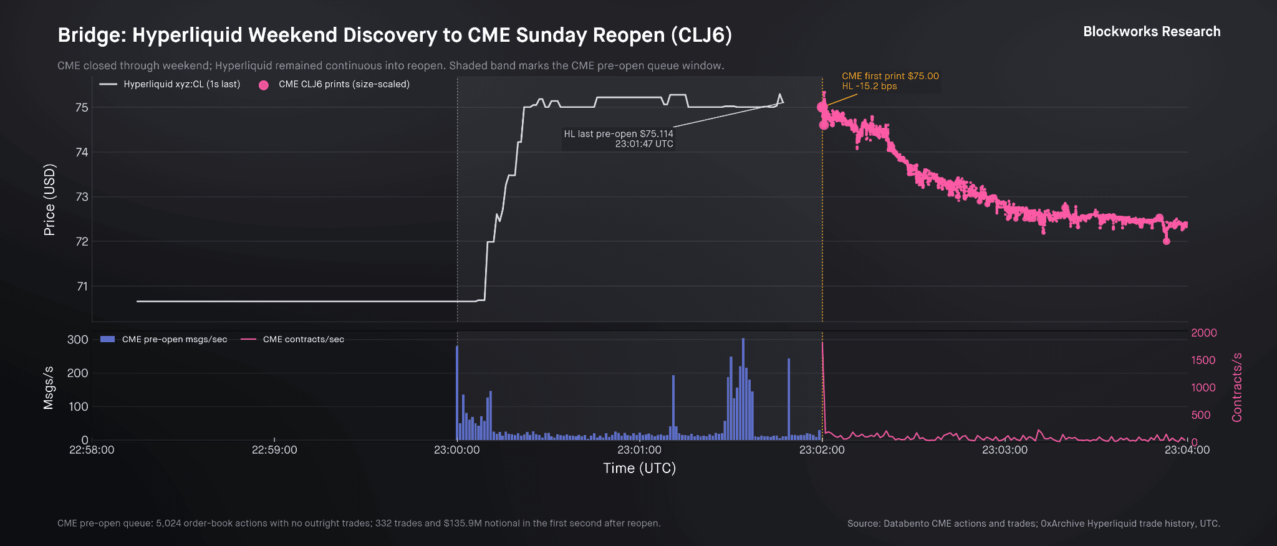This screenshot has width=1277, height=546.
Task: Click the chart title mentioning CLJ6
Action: [395, 35]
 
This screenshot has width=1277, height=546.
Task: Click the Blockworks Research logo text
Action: [1152, 32]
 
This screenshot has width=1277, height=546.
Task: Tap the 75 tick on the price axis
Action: [82, 108]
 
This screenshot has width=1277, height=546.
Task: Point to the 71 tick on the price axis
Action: [82, 287]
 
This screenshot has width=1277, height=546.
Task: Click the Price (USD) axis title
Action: [49, 199]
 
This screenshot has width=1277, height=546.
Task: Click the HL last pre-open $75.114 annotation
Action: [618, 138]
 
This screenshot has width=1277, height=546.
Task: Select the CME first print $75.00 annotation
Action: [890, 81]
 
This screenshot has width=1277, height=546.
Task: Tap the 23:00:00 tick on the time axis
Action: [457, 450]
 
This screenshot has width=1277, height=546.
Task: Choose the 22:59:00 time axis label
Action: [274, 450]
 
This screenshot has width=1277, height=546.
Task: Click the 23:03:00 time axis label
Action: [1005, 450]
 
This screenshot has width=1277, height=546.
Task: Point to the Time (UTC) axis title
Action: [639, 468]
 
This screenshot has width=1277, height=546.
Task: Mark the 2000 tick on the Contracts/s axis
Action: [1204, 333]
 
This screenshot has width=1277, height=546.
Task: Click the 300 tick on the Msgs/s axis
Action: [78, 340]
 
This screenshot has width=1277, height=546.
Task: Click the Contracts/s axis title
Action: [1237, 387]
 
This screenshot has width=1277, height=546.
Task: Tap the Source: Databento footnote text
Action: [1033, 524]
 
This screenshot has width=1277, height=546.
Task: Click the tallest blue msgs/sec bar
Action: [743, 389]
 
